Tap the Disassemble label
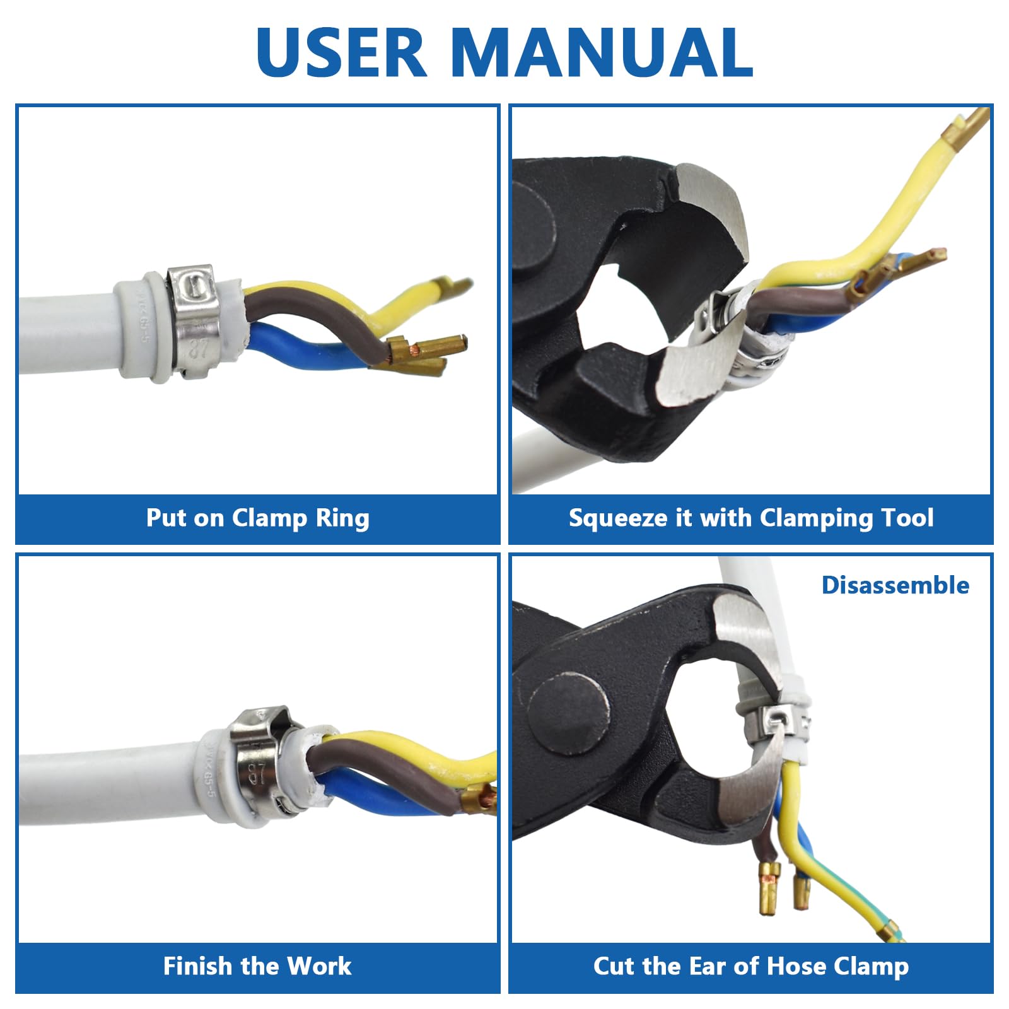[895, 585]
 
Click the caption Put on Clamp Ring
[257, 518]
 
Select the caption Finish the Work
[257, 966]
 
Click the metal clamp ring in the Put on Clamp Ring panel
[194, 322]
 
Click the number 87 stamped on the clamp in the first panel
[199, 348]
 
